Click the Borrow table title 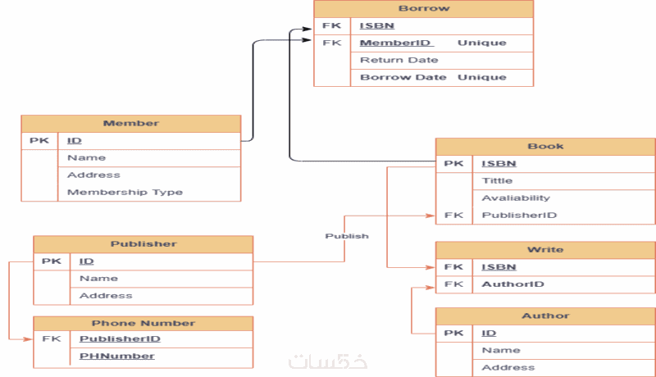coord(423,9)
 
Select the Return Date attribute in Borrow coord(399,60)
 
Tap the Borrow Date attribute coord(403,77)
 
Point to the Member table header coord(131,124)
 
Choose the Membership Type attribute coord(125,193)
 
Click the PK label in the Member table coord(39,141)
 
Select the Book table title coord(545,147)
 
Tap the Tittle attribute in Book coord(497,180)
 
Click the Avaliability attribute coord(516,198)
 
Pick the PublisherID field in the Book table coord(519,216)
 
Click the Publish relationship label coord(347,236)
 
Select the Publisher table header coord(143,244)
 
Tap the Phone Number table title coord(143,323)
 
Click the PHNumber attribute coord(117,356)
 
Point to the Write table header coord(545,249)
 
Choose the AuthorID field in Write coord(513,284)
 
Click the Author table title coord(545,316)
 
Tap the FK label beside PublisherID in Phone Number coord(51,338)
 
